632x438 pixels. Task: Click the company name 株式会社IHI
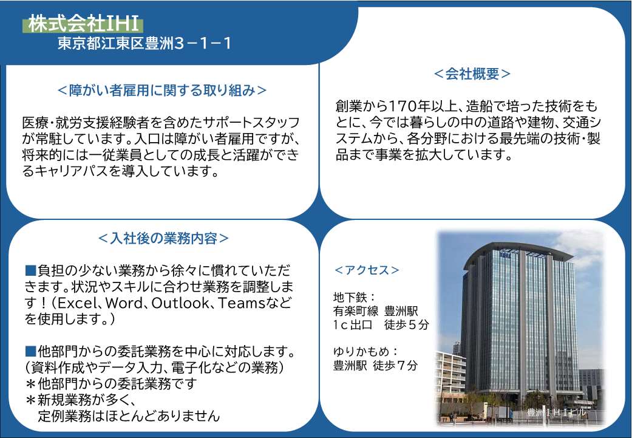83,24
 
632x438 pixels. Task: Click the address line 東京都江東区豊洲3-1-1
144,43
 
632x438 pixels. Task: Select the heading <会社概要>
472,74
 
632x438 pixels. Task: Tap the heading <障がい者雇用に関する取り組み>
162,90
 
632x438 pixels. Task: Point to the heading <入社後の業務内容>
163,238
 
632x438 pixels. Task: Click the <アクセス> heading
367,270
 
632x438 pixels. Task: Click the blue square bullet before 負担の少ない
30,270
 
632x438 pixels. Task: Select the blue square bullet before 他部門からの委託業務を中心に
30,351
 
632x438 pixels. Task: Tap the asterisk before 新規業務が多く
30,400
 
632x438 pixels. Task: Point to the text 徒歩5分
407,324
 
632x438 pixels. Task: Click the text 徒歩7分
395,365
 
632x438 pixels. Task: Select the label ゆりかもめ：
366,351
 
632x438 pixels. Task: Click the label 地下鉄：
355,297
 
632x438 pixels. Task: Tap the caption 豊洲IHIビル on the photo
557,412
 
